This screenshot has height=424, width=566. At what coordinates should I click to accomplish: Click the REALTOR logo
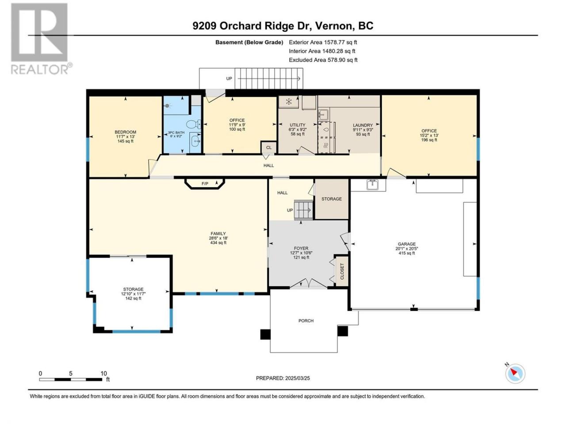pos(41,38)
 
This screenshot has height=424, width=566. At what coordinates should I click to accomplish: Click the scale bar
pos(71,379)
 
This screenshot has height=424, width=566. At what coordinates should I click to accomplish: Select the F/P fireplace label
pos(205,184)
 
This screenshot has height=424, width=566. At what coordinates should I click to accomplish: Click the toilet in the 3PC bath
pos(194,125)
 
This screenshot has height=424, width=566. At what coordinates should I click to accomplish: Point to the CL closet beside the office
pos(269,148)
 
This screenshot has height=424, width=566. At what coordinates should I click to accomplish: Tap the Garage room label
pos(407,244)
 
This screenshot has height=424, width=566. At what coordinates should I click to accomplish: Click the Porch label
pos(306,321)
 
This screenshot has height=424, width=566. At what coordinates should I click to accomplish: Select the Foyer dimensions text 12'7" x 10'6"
pos(301,253)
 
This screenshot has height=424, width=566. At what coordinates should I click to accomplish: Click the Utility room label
pos(298,125)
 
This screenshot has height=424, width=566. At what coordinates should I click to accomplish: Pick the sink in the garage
pos(373,185)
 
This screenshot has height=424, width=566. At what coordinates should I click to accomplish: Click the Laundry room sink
pos(323,114)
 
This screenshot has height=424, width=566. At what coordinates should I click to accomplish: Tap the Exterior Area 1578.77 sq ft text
pos(323,42)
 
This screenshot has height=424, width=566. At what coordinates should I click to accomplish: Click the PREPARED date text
pos(283,378)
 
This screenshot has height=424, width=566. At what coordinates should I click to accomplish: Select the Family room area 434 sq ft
pos(218,242)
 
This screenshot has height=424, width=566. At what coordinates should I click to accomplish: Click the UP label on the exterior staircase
pos(229,79)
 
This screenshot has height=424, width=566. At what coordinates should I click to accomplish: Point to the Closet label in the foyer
pos(342,271)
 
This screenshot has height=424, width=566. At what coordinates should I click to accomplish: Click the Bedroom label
pos(125,132)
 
